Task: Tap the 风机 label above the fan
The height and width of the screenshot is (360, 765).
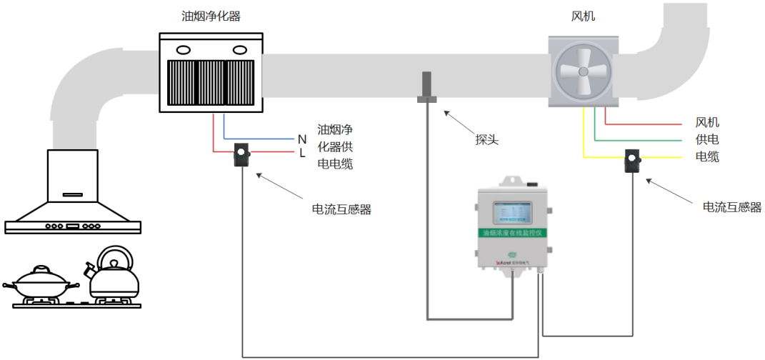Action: coord(581,16)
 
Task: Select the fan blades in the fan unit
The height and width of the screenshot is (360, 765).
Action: coord(581,71)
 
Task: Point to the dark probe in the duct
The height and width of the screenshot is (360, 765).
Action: coord(427,86)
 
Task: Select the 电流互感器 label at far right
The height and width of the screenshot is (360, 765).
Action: coord(731,207)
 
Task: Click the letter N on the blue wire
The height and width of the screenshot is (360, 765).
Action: coord(302,139)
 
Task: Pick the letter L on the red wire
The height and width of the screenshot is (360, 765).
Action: coord(302,152)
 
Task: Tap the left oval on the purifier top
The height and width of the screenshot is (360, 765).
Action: coord(184,50)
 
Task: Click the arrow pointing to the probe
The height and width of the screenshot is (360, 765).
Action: coord(458,121)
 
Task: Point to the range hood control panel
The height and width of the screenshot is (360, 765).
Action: coord(72,227)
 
